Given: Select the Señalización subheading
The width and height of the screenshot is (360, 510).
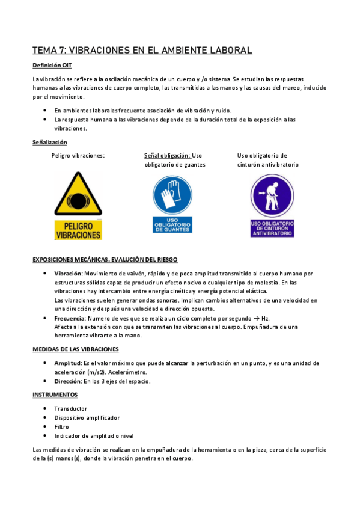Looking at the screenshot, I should (50, 143).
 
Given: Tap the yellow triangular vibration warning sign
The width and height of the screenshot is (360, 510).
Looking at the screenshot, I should (78, 194).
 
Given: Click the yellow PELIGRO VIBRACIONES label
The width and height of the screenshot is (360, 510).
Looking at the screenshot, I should (78, 230).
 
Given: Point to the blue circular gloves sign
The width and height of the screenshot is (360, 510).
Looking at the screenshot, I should (172, 194).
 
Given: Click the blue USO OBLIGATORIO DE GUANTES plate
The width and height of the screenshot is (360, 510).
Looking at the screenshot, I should (172, 224).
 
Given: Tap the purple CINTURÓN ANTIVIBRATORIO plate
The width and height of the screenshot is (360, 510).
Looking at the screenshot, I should (272, 228).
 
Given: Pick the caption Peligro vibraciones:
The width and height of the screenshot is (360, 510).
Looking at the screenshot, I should (79, 155).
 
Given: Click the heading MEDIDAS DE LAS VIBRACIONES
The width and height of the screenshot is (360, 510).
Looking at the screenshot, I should (76, 349).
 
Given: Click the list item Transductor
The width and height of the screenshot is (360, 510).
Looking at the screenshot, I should (71, 408).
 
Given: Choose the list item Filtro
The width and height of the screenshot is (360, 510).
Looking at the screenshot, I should (61, 426).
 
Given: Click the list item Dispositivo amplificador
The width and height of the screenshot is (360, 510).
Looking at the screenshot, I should (87, 417).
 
